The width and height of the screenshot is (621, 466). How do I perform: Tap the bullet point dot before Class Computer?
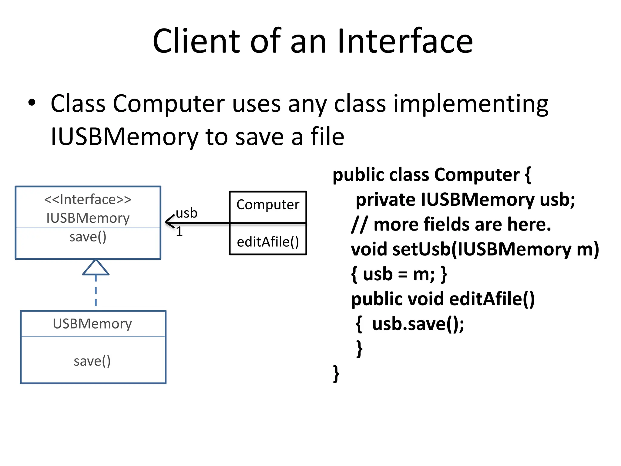click(32, 103)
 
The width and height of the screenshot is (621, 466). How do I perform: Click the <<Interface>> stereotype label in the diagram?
click(88, 200)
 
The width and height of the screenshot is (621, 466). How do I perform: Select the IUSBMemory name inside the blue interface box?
click(88, 218)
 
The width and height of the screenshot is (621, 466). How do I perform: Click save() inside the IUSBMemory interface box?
click(88, 237)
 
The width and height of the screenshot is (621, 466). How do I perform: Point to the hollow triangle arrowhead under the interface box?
click(96, 268)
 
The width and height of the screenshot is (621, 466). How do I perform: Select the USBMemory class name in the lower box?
click(92, 324)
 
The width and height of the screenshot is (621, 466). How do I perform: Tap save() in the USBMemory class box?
click(92, 361)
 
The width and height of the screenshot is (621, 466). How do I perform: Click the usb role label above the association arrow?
click(186, 213)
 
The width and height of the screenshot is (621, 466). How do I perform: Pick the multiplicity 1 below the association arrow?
click(179, 232)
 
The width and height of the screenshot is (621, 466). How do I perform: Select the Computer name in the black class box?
click(268, 205)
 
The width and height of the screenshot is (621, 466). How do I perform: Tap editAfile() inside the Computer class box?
click(268, 242)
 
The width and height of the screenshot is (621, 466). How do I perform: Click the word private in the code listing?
click(385, 200)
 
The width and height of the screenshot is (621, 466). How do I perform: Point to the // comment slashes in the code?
click(359, 225)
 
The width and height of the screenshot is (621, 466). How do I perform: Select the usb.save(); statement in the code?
click(418, 324)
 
